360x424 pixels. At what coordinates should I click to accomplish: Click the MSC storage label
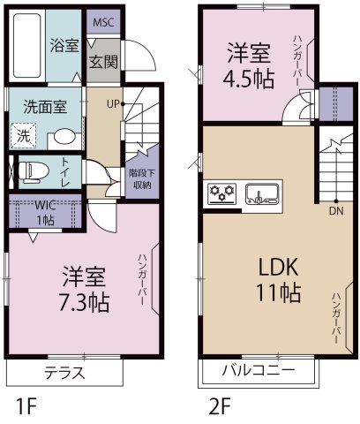[x=103, y=23]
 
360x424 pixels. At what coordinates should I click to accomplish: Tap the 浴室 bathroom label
[x=64, y=45]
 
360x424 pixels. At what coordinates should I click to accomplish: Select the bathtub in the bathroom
[x=26, y=46]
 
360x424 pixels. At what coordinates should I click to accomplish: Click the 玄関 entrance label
[x=103, y=62]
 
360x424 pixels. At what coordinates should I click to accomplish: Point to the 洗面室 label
[x=45, y=107]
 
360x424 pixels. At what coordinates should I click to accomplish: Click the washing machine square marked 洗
[x=23, y=135]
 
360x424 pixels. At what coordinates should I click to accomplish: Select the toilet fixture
[x=34, y=171]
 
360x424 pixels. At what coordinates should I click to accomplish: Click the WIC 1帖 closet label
[x=45, y=213]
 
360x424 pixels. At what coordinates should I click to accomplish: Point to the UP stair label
[x=113, y=104]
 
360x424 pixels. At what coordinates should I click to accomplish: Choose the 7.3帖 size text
[x=84, y=303]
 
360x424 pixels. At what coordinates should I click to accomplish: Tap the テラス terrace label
[x=64, y=373]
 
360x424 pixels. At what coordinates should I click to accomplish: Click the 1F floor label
[x=26, y=406]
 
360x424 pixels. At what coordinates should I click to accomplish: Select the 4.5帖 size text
[x=249, y=79]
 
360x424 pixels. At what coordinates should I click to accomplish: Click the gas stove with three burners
[x=222, y=193]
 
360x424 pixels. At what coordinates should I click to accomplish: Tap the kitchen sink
[x=262, y=193]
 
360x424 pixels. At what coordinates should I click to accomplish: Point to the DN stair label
[x=336, y=210]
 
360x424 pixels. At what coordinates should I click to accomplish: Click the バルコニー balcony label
[x=259, y=369]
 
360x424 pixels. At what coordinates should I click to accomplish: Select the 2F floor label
[x=220, y=406]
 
